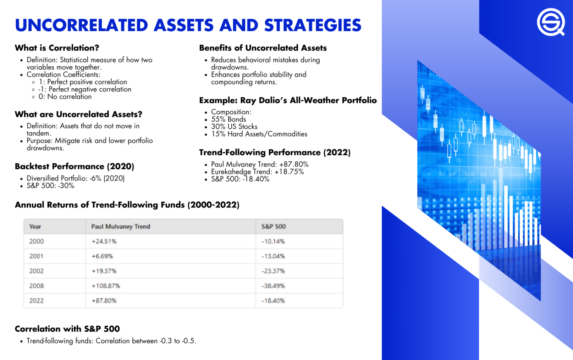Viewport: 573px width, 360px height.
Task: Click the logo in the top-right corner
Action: point(551,22)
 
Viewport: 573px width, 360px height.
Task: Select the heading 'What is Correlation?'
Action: point(57,48)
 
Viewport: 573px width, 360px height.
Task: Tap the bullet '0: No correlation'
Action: point(65,97)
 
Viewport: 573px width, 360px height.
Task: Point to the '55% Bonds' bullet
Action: point(228,119)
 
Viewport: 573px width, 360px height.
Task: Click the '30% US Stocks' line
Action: point(234,126)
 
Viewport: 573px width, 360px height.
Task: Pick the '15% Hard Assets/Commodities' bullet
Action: point(259,134)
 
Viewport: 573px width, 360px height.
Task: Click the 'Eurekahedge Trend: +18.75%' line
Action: point(257,172)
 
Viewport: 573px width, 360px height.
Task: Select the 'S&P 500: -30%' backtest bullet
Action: point(50,186)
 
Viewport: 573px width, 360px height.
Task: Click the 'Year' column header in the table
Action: point(35,226)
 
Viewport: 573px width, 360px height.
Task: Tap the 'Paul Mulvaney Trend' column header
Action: point(120,226)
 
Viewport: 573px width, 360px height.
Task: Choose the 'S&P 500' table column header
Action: point(273,226)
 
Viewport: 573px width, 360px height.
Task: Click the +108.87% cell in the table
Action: point(106,286)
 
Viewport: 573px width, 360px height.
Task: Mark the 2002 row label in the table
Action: point(37,271)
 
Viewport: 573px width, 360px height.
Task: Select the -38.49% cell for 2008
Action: point(273,286)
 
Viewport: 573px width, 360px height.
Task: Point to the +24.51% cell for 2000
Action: point(104,241)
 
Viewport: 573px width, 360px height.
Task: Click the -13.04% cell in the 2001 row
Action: point(273,256)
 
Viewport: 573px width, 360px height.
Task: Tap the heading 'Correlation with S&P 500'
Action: point(67,329)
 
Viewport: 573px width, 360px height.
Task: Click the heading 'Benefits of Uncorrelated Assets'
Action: point(263,48)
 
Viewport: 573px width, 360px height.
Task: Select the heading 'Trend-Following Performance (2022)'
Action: point(275,152)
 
